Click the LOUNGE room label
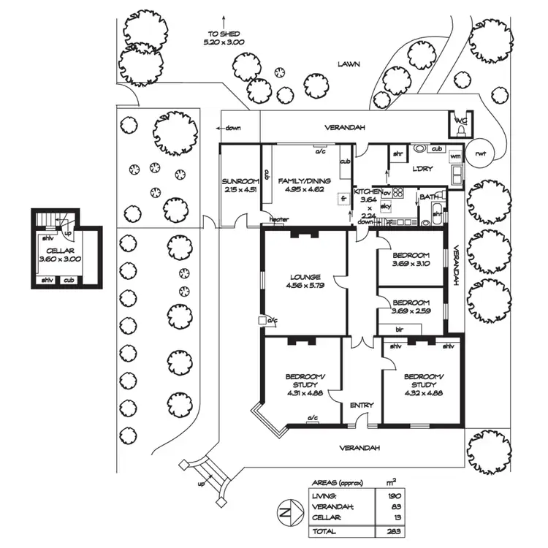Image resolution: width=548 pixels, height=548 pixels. tap(305, 277)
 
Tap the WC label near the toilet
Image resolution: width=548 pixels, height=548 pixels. tap(460, 121)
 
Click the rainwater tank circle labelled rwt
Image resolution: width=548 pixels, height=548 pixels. tap(480, 153)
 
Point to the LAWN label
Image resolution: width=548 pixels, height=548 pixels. tap(349, 64)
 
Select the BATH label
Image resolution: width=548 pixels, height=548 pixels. tap(429, 197)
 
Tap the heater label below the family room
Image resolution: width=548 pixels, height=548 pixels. tap(278, 219)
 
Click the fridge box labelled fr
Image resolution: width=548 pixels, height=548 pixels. tap(342, 198)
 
